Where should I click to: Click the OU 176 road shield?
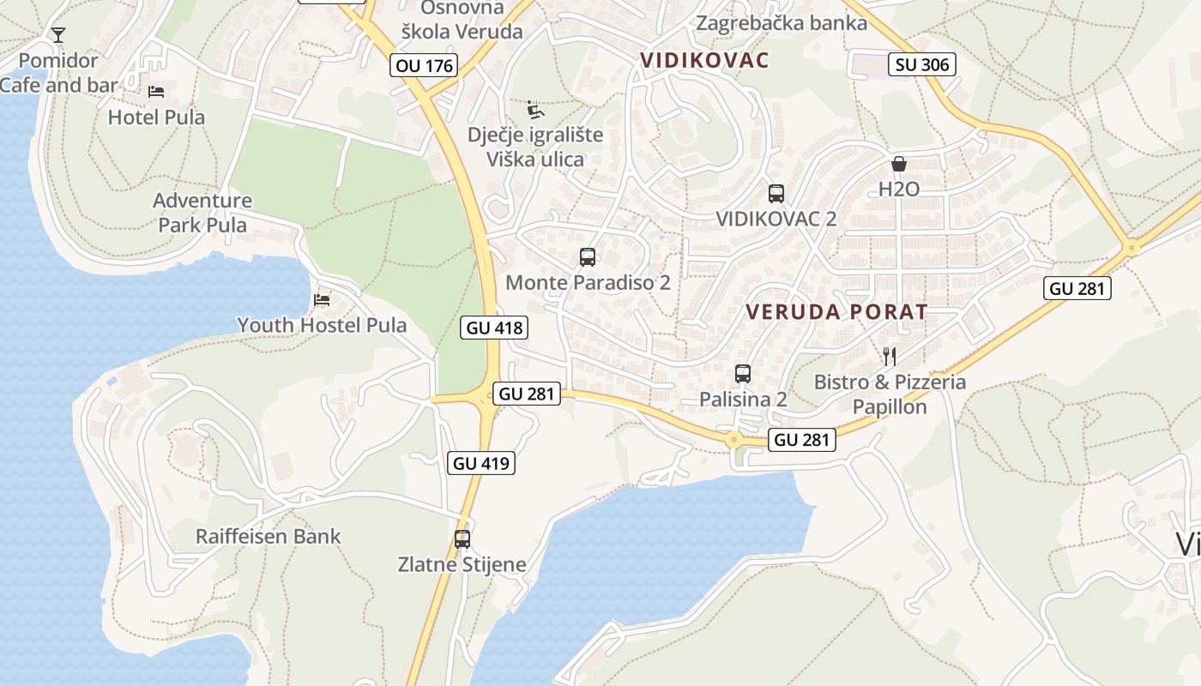click(x=424, y=65)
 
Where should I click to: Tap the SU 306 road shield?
click(x=922, y=63)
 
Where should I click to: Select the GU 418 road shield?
click(x=493, y=327)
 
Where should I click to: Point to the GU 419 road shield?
click(x=481, y=463)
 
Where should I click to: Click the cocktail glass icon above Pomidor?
click(x=58, y=35)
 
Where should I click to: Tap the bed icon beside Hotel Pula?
click(x=156, y=92)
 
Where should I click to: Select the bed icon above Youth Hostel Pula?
click(x=322, y=299)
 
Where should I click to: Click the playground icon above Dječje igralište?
click(x=535, y=110)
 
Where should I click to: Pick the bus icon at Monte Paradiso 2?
click(x=588, y=256)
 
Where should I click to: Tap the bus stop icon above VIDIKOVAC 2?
click(x=776, y=193)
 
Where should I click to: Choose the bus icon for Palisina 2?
click(x=743, y=373)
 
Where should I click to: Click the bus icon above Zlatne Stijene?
click(x=462, y=539)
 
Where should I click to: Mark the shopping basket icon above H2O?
click(x=899, y=163)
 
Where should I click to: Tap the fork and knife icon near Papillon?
click(x=890, y=356)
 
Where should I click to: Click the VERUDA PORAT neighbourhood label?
click(x=836, y=311)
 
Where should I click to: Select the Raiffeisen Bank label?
click(x=269, y=537)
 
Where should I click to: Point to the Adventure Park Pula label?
click(x=202, y=213)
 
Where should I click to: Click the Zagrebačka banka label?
click(x=782, y=23)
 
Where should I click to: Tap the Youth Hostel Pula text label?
click(x=322, y=325)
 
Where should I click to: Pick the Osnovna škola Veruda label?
click(x=462, y=21)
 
